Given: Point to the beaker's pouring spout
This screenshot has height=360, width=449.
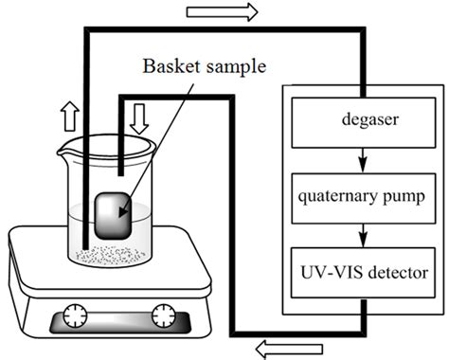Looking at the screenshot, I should (63, 149).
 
